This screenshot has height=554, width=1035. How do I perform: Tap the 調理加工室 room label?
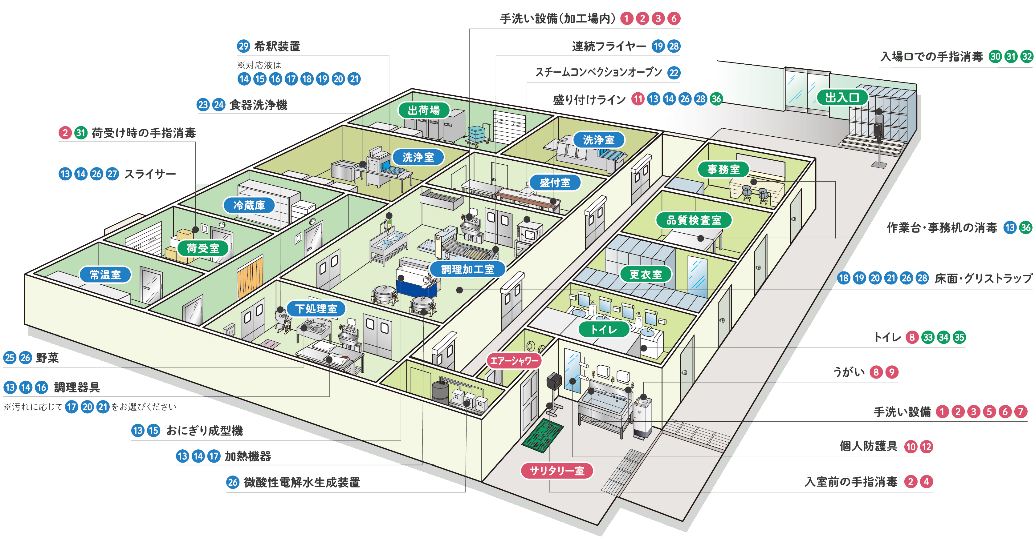click(x=467, y=269)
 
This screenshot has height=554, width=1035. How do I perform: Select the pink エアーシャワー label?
click(x=514, y=360)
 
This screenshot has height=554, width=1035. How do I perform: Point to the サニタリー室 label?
click(x=556, y=471)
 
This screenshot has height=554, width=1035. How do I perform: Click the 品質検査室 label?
click(x=694, y=220)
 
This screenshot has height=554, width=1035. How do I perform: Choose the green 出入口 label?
click(x=842, y=98)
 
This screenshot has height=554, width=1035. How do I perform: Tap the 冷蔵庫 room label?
click(x=249, y=205)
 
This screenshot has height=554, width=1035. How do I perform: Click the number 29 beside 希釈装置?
click(x=243, y=46)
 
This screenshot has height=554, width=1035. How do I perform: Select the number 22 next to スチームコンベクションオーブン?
click(x=674, y=73)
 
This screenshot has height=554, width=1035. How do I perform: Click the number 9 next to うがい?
click(x=891, y=372)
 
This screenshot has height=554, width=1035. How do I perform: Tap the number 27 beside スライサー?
click(x=112, y=174)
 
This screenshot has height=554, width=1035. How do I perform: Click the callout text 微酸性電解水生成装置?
click(x=302, y=482)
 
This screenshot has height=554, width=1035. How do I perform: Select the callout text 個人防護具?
click(x=868, y=446)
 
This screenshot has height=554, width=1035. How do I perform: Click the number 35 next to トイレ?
click(x=959, y=337)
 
